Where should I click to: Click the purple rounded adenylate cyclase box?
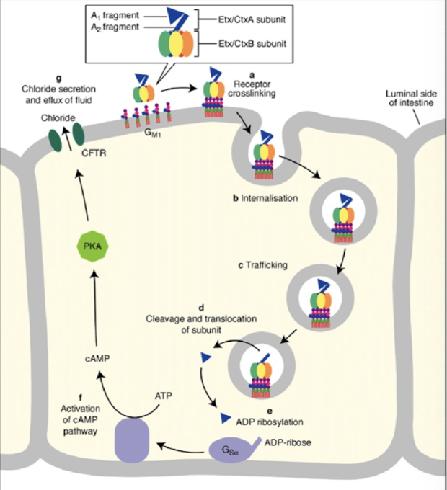pos(130,440)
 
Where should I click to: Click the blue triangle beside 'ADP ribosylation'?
pos(224,416)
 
